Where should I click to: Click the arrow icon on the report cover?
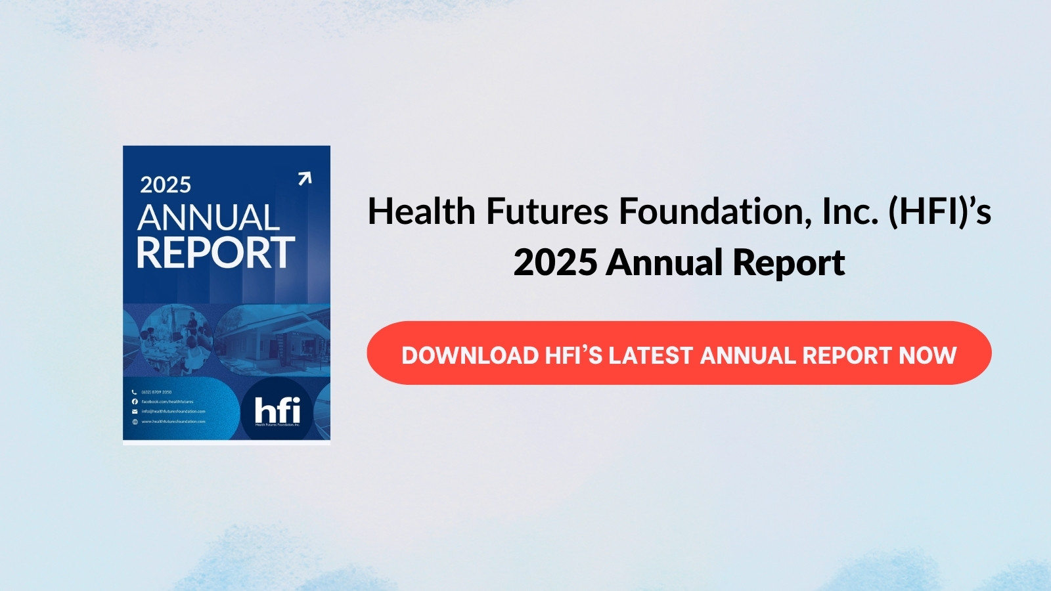click(304, 179)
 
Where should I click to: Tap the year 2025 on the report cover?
click(166, 185)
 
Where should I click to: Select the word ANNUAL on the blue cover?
click(208, 218)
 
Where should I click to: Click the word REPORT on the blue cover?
click(215, 253)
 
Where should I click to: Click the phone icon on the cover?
click(135, 392)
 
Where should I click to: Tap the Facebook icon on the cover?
click(135, 401)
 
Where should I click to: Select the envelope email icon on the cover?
click(135, 412)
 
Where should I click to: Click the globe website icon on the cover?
click(135, 422)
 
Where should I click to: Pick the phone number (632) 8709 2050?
click(156, 392)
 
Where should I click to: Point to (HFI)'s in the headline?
click(939, 212)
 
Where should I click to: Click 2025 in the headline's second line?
click(555, 263)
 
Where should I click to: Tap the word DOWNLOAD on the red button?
click(470, 356)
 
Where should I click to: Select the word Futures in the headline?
click(547, 212)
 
